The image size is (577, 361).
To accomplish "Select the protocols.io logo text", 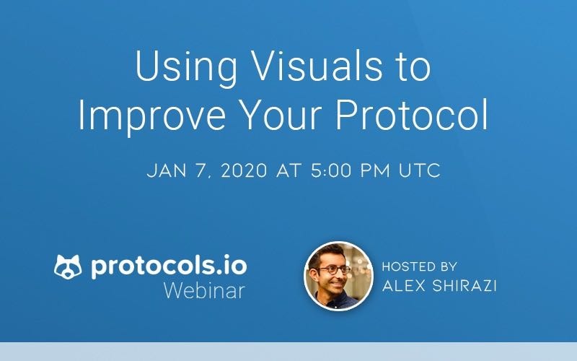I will [169, 266].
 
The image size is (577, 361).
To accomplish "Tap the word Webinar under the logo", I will [204, 291].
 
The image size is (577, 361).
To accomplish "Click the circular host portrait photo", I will [333, 275].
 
